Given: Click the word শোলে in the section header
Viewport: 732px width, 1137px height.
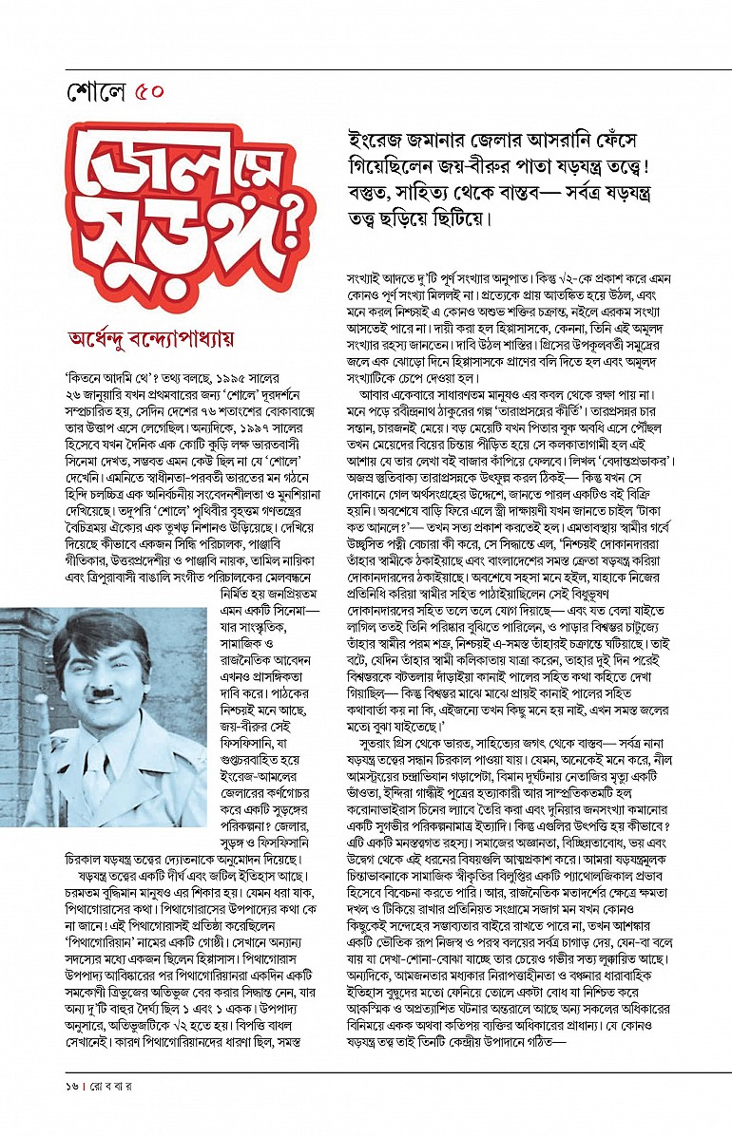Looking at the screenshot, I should coord(97,93).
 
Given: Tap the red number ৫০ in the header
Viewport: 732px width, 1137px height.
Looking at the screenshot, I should coord(150,93).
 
